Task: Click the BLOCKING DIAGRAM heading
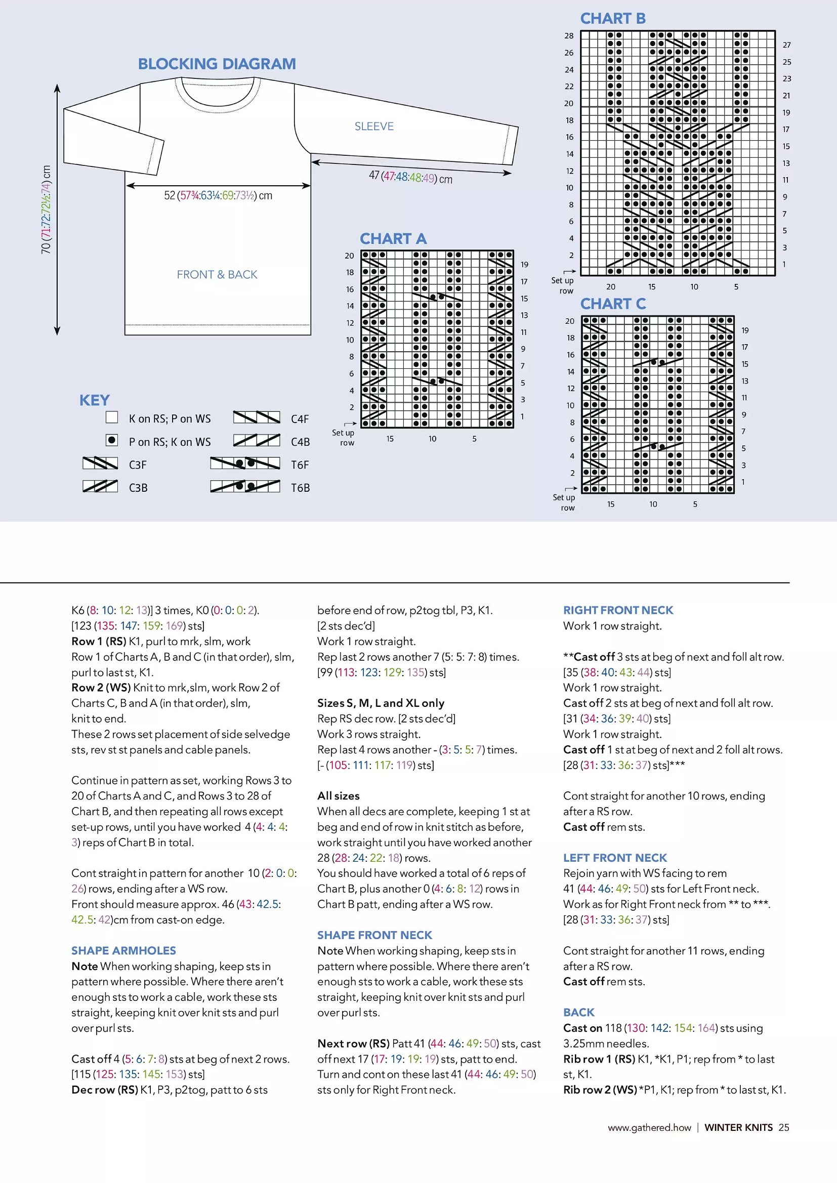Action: pyautogui.click(x=217, y=64)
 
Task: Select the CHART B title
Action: pyautogui.click(x=612, y=19)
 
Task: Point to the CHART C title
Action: pyautogui.click(x=613, y=304)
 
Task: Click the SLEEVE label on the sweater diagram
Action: pyautogui.click(x=373, y=126)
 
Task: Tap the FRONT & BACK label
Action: pyautogui.click(x=217, y=275)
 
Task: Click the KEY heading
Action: pyautogui.click(x=94, y=400)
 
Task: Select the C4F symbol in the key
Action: pyautogui.click(x=256, y=417)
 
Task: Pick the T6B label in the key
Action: pyautogui.click(x=300, y=488)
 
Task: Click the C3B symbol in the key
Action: pyautogui.click(x=100, y=486)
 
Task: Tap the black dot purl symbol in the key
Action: pyautogui.click(x=111, y=440)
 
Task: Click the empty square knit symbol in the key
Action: pyautogui.click(x=111, y=417)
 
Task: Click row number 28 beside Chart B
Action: pyautogui.click(x=568, y=35)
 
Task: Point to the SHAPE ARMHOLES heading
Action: pyautogui.click(x=123, y=951)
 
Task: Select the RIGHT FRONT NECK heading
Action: pyautogui.click(x=618, y=610)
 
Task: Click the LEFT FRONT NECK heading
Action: pyautogui.click(x=615, y=858)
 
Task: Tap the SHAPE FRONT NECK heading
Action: pyautogui.click(x=374, y=935)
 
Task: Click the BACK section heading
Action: pyautogui.click(x=579, y=1012)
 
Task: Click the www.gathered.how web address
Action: pyautogui.click(x=649, y=1127)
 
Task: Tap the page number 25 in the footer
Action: pyautogui.click(x=783, y=1127)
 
